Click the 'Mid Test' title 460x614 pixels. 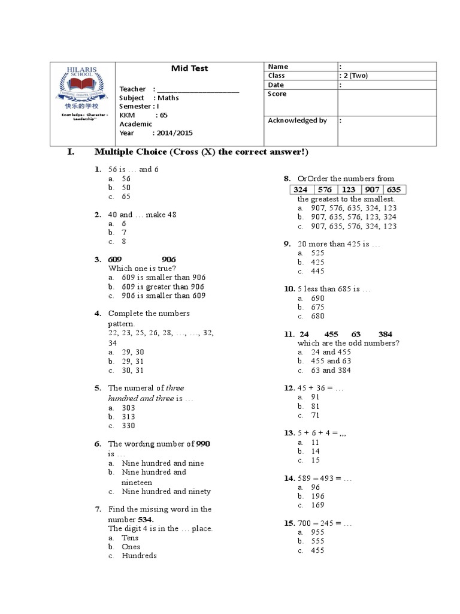coord(189,68)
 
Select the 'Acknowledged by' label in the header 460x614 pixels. coord(297,121)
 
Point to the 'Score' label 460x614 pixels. coord(277,94)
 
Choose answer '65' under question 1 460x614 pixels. coord(126,196)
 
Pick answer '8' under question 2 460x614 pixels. coord(124,242)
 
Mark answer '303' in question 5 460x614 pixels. coord(128,408)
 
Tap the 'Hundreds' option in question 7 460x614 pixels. coord(139,556)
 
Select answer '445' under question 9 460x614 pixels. coord(317,271)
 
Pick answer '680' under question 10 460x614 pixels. coord(317,316)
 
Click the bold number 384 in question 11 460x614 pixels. coord(385,334)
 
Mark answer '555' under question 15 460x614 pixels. coord(317,541)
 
